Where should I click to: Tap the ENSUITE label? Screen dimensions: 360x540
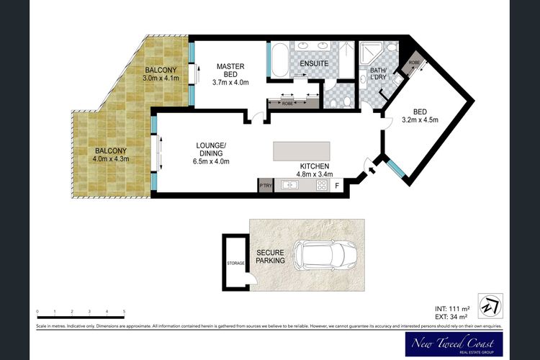pyautogui.click(x=315, y=63)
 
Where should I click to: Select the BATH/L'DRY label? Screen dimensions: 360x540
pyautogui.click(x=378, y=75)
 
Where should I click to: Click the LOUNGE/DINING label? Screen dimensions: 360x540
pyautogui.click(x=212, y=153)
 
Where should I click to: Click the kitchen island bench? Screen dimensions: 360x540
pyautogui.click(x=301, y=152)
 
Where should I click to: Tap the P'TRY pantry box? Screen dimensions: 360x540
pyautogui.click(x=265, y=186)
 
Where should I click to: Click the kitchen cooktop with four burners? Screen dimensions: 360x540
pyautogui.click(x=322, y=186)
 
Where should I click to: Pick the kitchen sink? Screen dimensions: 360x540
pyautogui.click(x=291, y=186)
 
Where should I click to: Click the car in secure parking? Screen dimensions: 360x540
pyautogui.click(x=329, y=256)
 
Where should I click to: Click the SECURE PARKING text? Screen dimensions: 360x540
pyautogui.click(x=271, y=256)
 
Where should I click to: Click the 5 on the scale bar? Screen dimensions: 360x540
pyautogui.click(x=125, y=311)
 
